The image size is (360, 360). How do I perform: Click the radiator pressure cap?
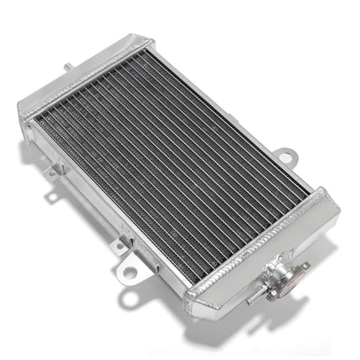click(x=277, y=274)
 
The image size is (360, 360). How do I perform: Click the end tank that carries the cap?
click(x=268, y=260)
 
